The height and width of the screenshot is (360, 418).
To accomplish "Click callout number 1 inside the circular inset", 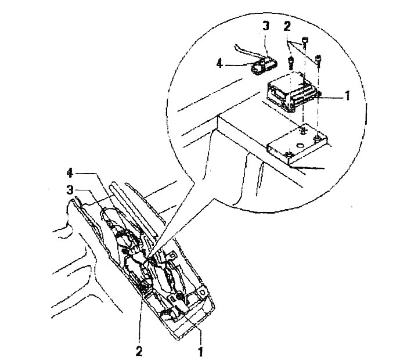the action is [x=347, y=96].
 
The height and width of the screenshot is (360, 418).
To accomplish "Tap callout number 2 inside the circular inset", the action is [x=287, y=27].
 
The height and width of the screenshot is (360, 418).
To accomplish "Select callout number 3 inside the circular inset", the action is [x=266, y=26].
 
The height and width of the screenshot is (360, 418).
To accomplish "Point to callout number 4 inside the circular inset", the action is [x=219, y=64].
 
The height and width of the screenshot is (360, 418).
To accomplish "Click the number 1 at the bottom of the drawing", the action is [x=200, y=351].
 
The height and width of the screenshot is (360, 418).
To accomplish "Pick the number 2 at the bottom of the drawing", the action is [x=139, y=351].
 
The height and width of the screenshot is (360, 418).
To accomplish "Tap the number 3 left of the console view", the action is [x=70, y=190].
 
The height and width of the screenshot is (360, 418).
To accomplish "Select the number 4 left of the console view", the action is [x=70, y=174].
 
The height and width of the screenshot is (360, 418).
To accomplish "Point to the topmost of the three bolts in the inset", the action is [x=305, y=41].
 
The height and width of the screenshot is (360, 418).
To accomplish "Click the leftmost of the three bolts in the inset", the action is [x=291, y=63].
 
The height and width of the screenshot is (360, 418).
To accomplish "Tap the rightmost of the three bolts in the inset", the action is [x=318, y=60].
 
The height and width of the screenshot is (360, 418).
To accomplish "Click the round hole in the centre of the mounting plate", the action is [x=301, y=145].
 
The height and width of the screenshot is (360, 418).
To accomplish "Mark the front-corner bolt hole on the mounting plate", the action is [x=288, y=154].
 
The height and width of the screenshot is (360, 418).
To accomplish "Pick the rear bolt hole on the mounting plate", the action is [x=302, y=131].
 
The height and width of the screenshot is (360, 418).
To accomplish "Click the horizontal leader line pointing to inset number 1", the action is [x=331, y=98].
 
